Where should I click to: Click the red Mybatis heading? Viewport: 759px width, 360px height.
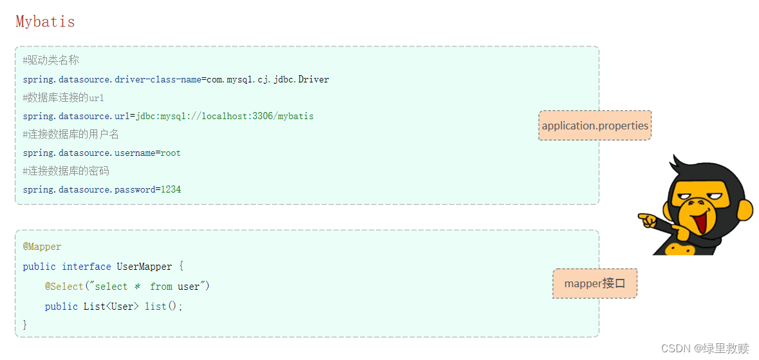click(45, 22)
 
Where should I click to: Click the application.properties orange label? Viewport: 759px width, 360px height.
click(595, 126)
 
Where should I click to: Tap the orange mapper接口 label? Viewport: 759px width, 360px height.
click(595, 283)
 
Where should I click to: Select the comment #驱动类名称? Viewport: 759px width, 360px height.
click(51, 61)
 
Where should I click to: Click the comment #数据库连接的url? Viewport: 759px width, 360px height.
click(63, 98)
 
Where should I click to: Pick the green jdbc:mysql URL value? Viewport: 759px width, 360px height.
click(225, 117)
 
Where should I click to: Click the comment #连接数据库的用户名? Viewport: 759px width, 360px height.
click(71, 135)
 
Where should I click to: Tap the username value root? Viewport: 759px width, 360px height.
click(171, 153)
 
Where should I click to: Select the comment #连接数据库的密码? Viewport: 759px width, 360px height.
click(66, 171)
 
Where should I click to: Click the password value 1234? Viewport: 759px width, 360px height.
click(171, 190)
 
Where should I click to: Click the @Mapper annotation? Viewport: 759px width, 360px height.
click(42, 247)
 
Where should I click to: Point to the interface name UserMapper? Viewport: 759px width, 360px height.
click(144, 267)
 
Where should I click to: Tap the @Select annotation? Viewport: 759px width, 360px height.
click(64, 287)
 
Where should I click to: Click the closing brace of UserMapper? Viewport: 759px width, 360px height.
click(25, 325)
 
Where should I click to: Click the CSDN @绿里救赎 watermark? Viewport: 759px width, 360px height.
click(705, 348)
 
